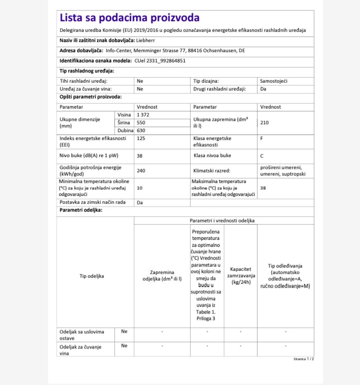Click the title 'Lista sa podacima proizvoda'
(x=130, y=18)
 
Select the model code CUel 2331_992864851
(x=160, y=60)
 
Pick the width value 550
(x=141, y=122)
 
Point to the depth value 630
(x=141, y=130)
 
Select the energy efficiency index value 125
(x=141, y=138)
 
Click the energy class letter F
(x=262, y=138)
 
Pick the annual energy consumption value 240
(x=141, y=171)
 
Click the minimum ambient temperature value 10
(x=140, y=188)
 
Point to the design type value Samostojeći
(x=274, y=81)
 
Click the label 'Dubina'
(x=124, y=130)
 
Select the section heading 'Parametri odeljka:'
(x=81, y=210)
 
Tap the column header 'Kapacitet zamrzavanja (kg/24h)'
(x=241, y=276)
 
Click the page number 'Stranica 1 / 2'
(x=304, y=359)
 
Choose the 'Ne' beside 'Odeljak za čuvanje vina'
(x=124, y=346)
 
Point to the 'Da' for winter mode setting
(x=140, y=202)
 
